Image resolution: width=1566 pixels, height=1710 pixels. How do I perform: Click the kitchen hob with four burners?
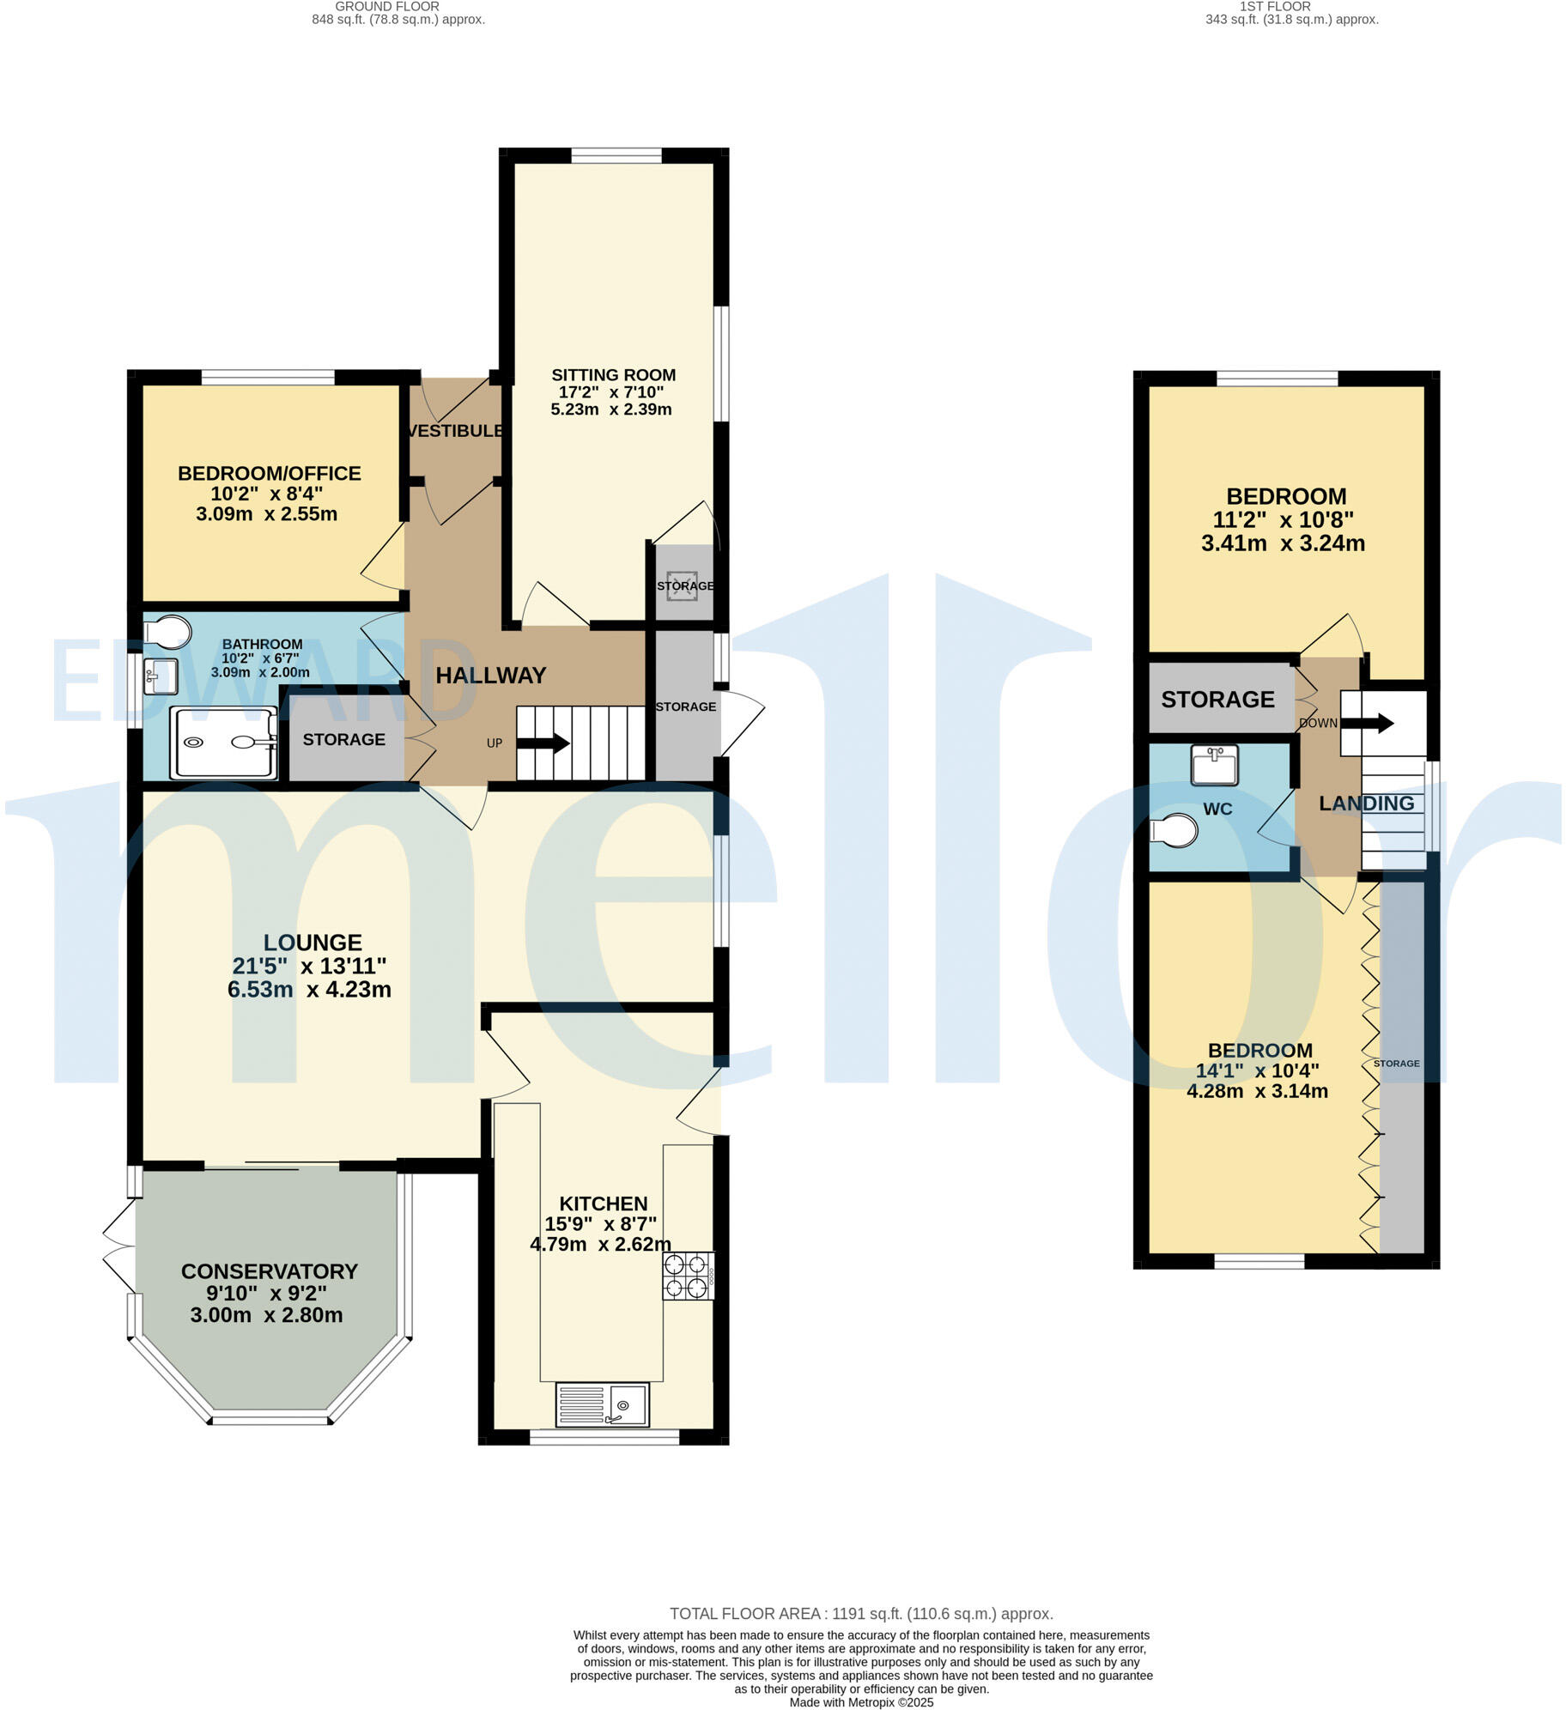pos(688,1276)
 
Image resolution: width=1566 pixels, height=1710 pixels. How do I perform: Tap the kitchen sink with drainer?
pos(602,1404)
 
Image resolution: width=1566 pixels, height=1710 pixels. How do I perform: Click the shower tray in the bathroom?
pos(224,743)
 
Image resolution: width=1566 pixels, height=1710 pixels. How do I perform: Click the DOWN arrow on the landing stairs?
pos(1368,723)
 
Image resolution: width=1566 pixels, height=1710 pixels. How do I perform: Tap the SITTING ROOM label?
pos(613,375)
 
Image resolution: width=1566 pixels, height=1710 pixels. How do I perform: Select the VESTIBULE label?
pos(455,431)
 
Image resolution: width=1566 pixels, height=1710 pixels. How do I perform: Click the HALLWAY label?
pos(490,676)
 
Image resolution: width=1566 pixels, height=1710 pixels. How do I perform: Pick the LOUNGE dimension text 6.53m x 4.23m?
pos(309,990)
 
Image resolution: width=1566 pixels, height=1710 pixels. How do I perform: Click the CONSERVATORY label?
pos(269,1271)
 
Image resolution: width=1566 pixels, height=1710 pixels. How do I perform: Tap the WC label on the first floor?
pos(1217,810)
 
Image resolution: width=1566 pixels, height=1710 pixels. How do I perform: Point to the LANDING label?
pos(1366,803)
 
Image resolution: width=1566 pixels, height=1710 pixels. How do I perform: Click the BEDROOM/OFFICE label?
pos(269,473)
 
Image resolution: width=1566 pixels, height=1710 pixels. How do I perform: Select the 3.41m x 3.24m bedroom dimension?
pos(1283,543)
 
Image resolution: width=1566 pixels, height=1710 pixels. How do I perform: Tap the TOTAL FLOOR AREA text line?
pos(860,1614)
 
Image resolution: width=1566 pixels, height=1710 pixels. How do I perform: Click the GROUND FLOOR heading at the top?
pos(386,7)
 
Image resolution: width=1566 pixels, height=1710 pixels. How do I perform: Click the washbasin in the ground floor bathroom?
pos(161,676)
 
